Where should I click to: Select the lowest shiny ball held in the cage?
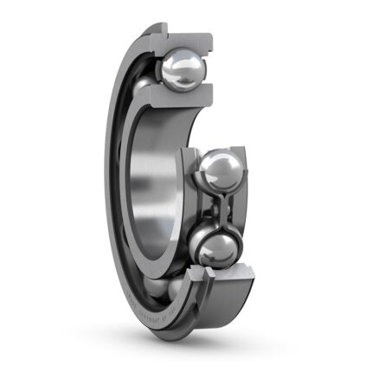coord(215,247)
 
